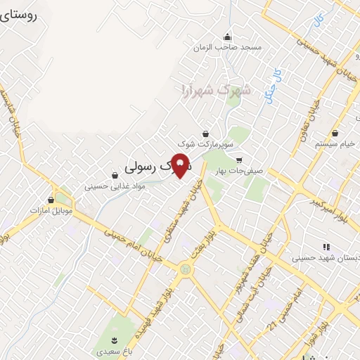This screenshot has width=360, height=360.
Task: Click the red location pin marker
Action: click(x=181, y=165)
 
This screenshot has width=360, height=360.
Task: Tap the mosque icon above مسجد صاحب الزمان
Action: click(x=227, y=37)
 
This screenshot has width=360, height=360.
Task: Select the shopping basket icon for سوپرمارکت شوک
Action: click(x=205, y=133)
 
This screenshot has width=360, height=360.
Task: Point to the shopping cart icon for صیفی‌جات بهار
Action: click(x=240, y=159)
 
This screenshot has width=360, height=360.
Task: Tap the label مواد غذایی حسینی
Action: click(x=114, y=187)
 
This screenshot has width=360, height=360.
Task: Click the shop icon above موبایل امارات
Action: click(x=50, y=200)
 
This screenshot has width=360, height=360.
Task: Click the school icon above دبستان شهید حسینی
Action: click(x=326, y=247)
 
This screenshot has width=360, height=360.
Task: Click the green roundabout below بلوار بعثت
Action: click(x=185, y=267)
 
